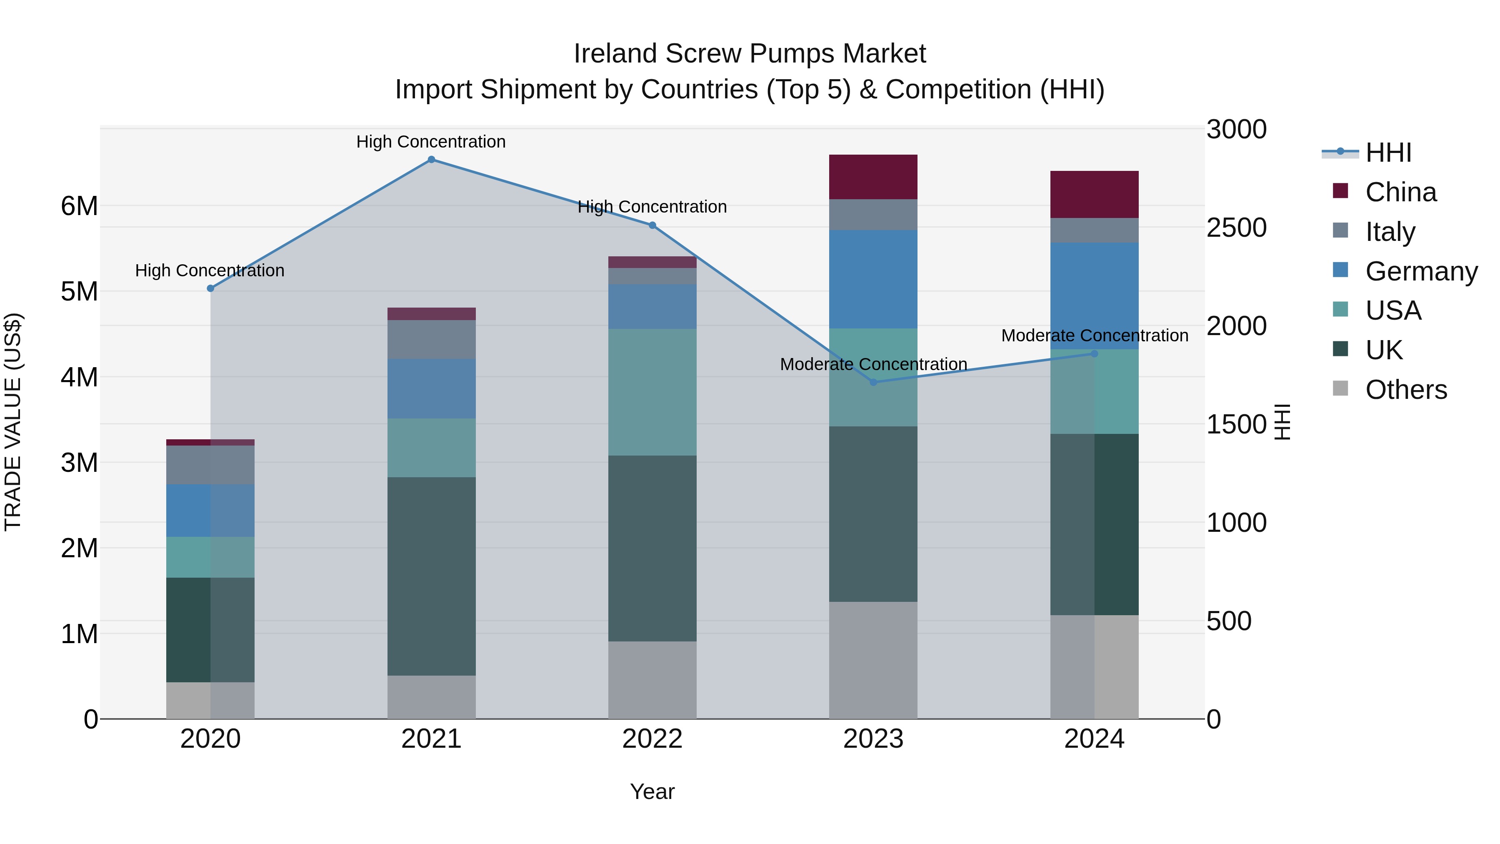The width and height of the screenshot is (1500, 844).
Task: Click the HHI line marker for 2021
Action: point(432,160)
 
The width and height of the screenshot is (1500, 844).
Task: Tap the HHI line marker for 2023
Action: point(873,382)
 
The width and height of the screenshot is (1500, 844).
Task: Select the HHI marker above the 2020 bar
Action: point(211,288)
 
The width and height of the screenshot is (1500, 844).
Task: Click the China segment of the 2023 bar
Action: point(873,177)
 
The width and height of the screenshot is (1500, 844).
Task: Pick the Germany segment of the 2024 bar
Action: point(1094,296)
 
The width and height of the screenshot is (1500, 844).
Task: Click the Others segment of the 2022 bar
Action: point(652,680)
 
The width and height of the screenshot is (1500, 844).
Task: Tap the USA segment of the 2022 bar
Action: point(652,392)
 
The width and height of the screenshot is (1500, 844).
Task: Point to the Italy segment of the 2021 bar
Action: point(432,340)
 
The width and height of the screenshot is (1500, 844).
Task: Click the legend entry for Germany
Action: point(1421,271)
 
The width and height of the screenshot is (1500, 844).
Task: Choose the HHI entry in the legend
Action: point(1388,153)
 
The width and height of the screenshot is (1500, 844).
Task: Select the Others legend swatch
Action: point(1340,388)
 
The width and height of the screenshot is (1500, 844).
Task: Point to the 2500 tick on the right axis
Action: point(1236,228)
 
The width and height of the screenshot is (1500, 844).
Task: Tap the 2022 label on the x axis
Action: point(652,739)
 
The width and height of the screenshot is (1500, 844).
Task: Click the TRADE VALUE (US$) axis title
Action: point(13,422)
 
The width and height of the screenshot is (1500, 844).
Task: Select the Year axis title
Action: point(652,791)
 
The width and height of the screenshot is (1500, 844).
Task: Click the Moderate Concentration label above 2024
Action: point(1094,336)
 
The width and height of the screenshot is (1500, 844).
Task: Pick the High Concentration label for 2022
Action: point(652,207)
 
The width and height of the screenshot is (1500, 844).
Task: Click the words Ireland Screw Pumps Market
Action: point(750,54)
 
